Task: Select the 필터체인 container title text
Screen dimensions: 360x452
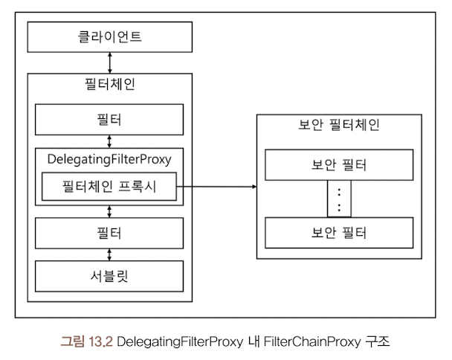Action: coord(110,85)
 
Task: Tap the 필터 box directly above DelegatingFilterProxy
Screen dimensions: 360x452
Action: coord(109,119)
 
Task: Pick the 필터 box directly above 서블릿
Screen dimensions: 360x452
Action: coord(109,233)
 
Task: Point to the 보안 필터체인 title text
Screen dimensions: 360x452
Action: coord(338,125)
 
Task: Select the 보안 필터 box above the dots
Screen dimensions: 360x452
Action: coord(338,164)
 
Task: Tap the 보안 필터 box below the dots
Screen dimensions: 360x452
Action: coord(338,232)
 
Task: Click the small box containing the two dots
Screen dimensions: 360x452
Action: coord(338,199)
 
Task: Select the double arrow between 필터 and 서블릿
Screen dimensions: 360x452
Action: coord(109,254)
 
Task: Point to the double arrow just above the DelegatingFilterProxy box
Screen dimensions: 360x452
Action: coord(109,141)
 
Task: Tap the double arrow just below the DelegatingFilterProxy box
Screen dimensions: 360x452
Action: coord(109,211)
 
